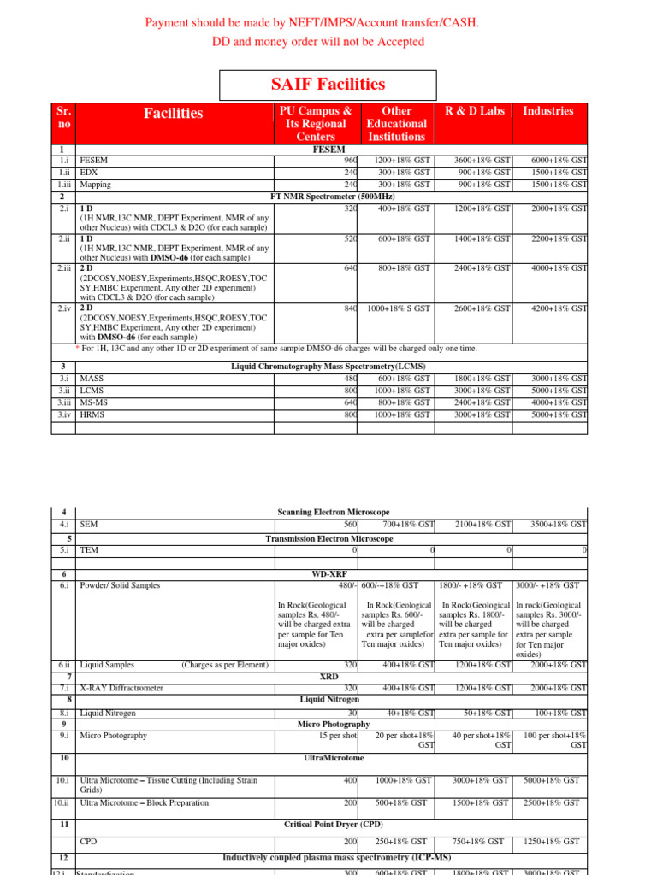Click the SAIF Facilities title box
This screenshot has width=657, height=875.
(328, 85)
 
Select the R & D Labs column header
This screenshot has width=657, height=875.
(474, 111)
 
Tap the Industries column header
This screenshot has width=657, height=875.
(548, 111)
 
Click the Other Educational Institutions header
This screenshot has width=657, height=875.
(396, 124)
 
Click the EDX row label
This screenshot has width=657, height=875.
(90, 172)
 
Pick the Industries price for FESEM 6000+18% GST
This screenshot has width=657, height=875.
(559, 160)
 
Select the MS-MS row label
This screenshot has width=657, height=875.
(95, 402)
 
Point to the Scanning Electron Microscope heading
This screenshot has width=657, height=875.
(334, 511)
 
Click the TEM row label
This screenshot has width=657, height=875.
(88, 551)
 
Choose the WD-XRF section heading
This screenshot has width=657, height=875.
(329, 574)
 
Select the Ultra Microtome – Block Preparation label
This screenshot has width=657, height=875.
(144, 802)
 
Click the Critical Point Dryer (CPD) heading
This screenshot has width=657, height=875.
(334, 825)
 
